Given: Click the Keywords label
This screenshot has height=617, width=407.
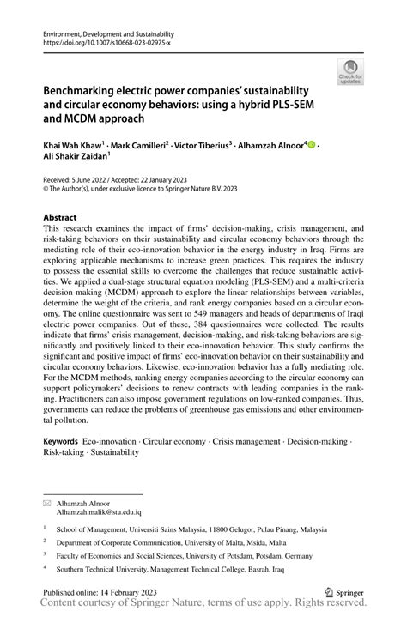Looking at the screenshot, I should (63, 440).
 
